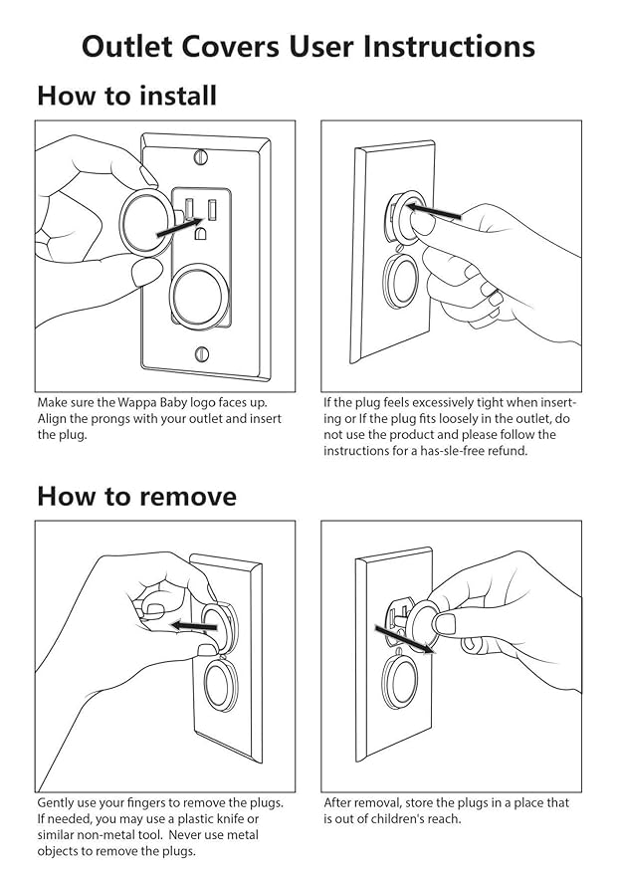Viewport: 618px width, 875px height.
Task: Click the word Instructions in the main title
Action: coord(449,47)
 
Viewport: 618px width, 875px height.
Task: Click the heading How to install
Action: coord(126,96)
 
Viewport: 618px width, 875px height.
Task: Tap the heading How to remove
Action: coord(136,496)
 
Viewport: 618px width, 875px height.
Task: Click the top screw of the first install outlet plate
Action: coord(201,157)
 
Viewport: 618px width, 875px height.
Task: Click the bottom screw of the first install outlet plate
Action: coord(202,353)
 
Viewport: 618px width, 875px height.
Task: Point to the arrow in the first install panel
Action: coord(178,229)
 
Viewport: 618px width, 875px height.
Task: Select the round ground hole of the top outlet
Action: coord(200,233)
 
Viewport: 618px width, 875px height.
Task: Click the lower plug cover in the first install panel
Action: coord(200,294)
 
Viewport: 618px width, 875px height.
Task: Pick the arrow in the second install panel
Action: coord(433,212)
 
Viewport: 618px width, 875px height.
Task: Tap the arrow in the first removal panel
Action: coord(193,625)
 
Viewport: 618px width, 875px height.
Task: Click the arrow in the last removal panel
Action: coord(404,639)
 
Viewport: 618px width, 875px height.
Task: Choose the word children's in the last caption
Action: coord(394,819)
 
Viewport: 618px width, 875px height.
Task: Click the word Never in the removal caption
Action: coord(187,835)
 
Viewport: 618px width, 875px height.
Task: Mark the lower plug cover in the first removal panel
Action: coord(222,684)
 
